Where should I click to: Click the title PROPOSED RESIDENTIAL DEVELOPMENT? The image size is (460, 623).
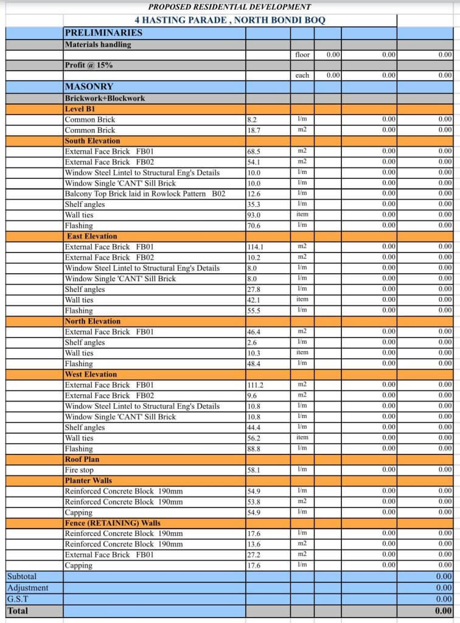(229, 7)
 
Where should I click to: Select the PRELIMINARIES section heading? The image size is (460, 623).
(103, 33)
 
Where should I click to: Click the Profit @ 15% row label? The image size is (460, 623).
(88, 65)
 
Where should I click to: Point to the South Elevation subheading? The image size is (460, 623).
(92, 141)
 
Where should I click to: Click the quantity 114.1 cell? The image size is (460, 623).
(256, 247)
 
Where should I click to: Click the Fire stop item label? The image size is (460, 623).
(79, 470)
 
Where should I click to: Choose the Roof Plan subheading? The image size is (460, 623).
(82, 459)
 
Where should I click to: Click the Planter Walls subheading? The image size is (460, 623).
(88, 481)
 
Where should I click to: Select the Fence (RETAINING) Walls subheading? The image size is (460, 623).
(113, 523)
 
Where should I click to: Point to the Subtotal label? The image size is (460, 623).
(22, 576)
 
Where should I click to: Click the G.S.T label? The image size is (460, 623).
(18, 599)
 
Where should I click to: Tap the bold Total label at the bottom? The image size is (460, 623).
(18, 611)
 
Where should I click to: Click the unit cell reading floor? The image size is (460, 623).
(302, 55)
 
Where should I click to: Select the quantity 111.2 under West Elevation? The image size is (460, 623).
(256, 385)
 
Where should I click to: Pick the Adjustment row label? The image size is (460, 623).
(27, 588)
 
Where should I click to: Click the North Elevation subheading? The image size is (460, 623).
(92, 321)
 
